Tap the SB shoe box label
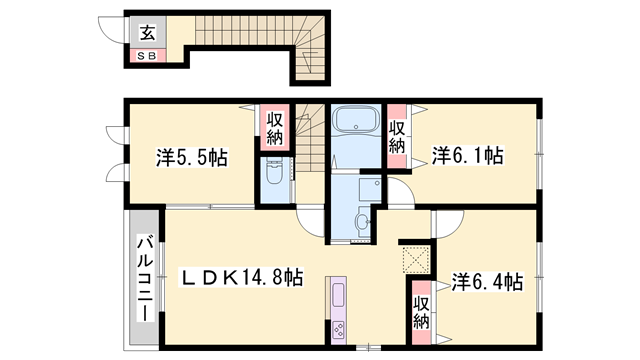[147, 56]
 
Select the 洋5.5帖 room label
[191, 157]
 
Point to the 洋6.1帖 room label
[467, 156]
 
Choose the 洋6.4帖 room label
[485, 282]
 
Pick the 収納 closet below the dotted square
[421, 312]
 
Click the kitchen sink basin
[337, 297]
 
